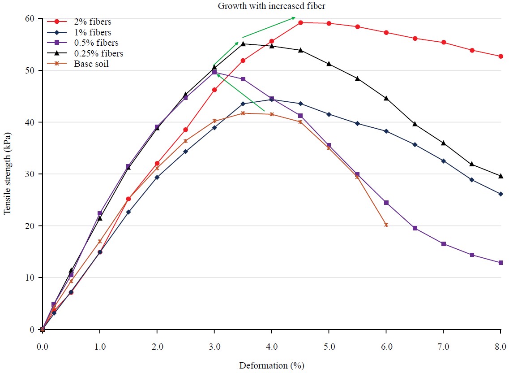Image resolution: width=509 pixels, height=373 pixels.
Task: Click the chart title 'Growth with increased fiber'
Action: [x=271, y=6]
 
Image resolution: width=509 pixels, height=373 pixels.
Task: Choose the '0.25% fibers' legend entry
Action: [x=98, y=53]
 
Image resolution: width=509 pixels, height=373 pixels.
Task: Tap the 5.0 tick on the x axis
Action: [x=329, y=346]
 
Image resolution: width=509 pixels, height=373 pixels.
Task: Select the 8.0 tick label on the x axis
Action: [x=500, y=346]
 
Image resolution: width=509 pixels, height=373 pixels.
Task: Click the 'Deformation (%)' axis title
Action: [x=271, y=365]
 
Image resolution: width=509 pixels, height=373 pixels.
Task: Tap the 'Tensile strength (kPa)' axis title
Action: [x=7, y=173]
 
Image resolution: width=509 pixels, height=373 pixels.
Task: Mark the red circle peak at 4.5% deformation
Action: [x=300, y=22]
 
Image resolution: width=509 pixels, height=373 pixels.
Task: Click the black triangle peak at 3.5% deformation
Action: [x=243, y=43]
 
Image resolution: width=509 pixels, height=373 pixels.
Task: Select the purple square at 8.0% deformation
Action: [x=500, y=263]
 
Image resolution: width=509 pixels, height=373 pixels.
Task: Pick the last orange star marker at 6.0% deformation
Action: [x=386, y=225]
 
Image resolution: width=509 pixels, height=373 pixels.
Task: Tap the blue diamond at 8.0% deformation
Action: [x=500, y=194]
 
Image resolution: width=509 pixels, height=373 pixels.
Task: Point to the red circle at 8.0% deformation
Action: [x=500, y=56]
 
